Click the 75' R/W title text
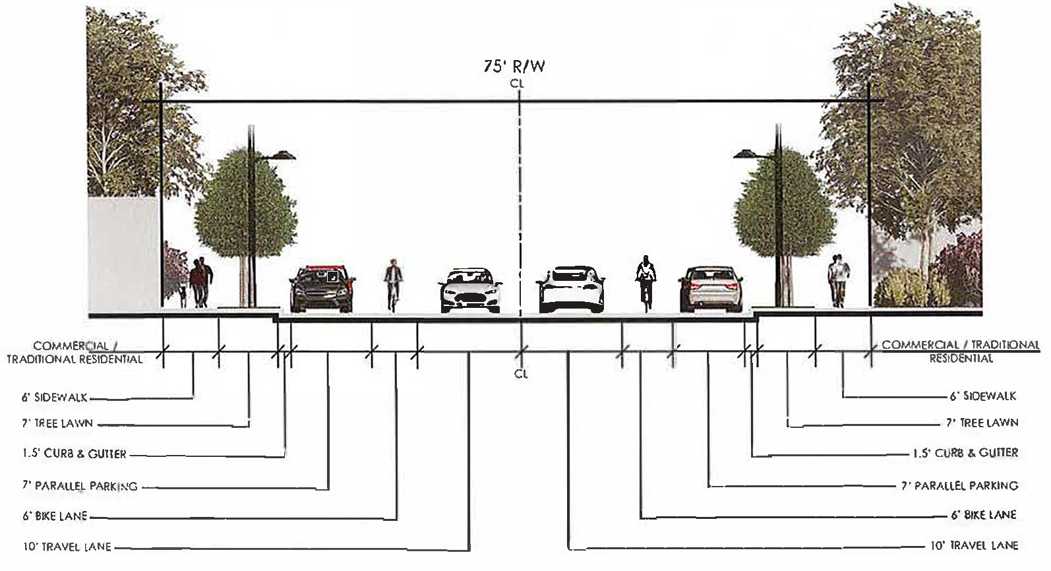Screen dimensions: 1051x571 [x=514, y=67]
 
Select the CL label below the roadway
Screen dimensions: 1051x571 [x=521, y=374]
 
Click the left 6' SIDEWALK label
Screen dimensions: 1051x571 [x=54, y=398]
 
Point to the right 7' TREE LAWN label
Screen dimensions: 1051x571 [x=982, y=423]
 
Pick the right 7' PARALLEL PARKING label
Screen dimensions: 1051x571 [x=959, y=486]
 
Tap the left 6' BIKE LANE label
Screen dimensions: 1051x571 [x=55, y=516]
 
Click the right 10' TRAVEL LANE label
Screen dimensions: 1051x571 [x=974, y=545]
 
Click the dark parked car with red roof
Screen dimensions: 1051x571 [x=322, y=288]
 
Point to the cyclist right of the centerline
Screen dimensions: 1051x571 [x=646, y=282]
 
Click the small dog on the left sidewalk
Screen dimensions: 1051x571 [x=182, y=296]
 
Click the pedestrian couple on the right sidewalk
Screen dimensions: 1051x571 [x=837, y=280]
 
